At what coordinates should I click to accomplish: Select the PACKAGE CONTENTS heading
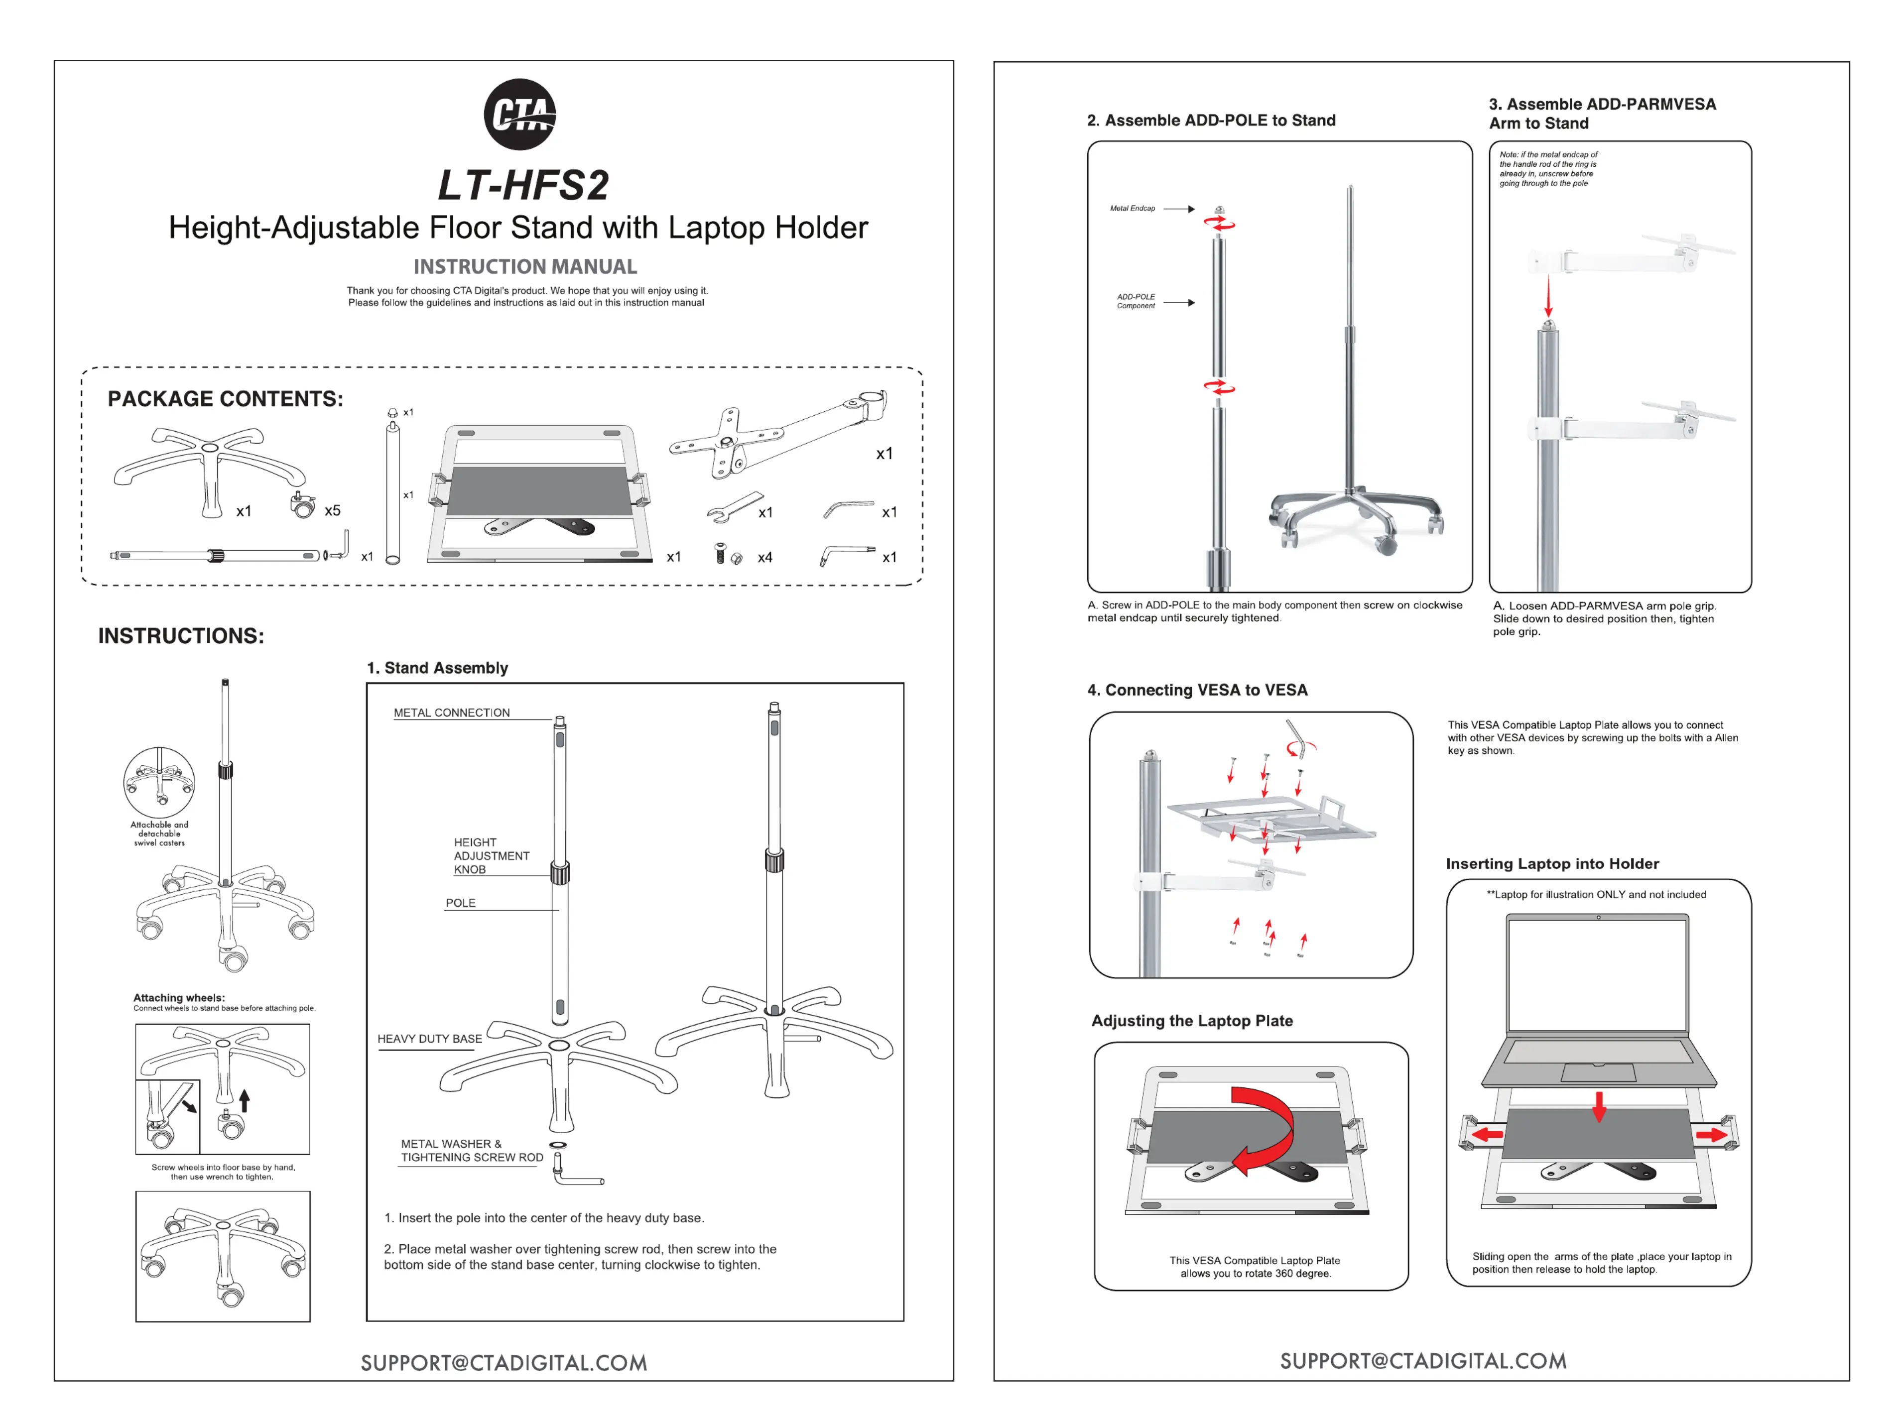coord(225,399)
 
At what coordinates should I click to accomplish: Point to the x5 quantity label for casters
coord(332,510)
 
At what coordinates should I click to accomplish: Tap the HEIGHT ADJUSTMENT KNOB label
coord(491,855)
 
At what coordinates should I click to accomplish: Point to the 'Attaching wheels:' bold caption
coord(179,997)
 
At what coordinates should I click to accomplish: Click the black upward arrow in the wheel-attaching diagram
coord(245,1100)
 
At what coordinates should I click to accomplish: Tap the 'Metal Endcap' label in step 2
coord(1133,209)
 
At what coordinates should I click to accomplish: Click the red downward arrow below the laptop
coord(1599,1107)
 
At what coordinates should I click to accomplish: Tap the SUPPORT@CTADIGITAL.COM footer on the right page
coord(1422,1361)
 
